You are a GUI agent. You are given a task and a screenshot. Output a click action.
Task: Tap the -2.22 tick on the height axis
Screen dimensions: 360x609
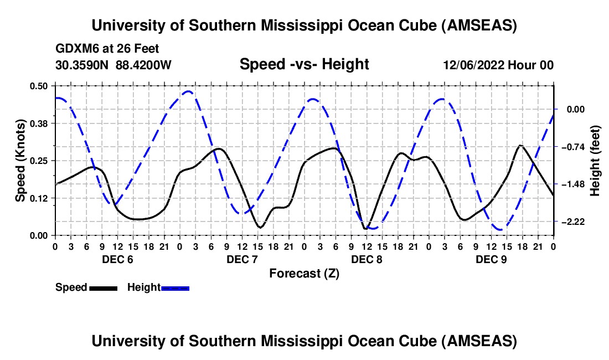point(573,222)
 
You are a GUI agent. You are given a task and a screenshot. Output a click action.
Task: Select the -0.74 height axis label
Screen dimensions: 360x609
point(573,147)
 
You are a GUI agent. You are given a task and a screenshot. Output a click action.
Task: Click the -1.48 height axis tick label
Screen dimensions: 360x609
point(573,184)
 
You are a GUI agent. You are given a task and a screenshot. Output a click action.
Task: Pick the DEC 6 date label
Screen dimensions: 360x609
point(117,259)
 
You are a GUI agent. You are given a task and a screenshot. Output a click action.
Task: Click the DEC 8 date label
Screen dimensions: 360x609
point(367,259)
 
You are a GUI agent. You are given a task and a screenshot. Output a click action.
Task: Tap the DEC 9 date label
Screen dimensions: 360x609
point(491,259)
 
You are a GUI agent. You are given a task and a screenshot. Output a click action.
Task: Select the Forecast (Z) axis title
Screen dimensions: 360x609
point(304,273)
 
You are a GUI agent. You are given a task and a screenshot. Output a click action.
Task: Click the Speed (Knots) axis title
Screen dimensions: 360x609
point(20,161)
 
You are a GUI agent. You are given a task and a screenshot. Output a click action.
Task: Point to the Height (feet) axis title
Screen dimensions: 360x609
point(596,161)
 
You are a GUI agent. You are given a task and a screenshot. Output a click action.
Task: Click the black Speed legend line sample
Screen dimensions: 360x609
point(103,288)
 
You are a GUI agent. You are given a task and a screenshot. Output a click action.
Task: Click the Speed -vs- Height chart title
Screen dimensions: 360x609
point(304,65)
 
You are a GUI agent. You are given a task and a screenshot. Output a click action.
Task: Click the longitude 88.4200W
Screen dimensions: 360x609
point(144,65)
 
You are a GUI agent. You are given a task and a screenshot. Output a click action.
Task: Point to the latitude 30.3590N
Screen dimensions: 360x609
point(82,65)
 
